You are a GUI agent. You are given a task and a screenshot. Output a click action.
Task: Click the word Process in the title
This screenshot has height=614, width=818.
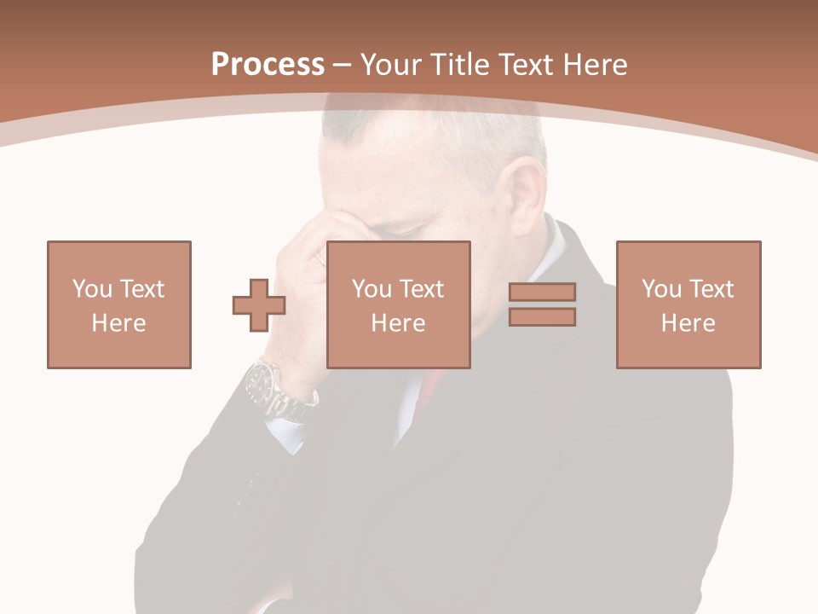click(x=268, y=65)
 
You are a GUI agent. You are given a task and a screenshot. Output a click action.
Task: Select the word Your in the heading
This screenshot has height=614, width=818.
click(x=392, y=65)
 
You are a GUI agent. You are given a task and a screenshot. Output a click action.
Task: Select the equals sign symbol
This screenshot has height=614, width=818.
click(x=542, y=304)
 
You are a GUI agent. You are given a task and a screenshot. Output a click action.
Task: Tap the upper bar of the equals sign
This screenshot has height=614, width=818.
click(x=542, y=292)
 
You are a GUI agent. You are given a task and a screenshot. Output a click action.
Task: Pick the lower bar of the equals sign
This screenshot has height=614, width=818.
click(x=542, y=317)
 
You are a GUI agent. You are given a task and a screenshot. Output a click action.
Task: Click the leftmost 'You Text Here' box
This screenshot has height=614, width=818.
click(x=119, y=304)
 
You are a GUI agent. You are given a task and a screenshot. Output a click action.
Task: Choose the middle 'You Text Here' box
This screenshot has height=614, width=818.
click(x=399, y=304)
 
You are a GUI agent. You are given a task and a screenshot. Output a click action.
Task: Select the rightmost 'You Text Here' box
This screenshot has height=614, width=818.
click(x=688, y=304)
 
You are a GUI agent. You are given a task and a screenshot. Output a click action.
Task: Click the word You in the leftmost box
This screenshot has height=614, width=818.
click(x=91, y=289)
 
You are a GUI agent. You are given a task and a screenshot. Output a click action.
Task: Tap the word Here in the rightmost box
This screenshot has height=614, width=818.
click(x=688, y=323)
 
